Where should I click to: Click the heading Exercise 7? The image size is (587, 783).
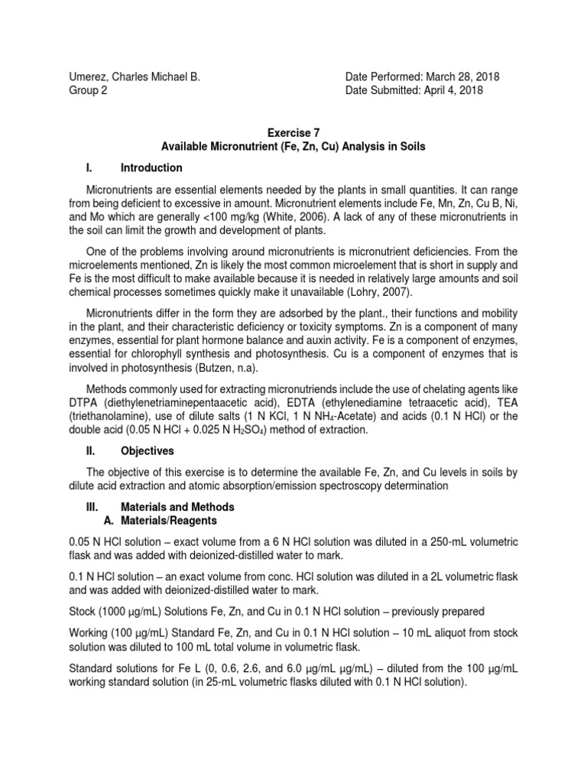(293, 132)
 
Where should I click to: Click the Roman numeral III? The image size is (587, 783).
(92, 507)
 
